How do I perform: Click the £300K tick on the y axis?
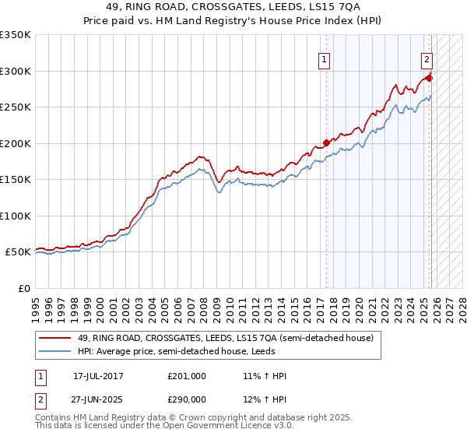point(15,71)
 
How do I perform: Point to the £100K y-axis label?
point(15,216)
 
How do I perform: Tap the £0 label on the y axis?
point(23,288)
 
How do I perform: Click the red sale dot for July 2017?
point(326,142)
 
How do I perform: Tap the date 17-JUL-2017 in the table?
point(98,376)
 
